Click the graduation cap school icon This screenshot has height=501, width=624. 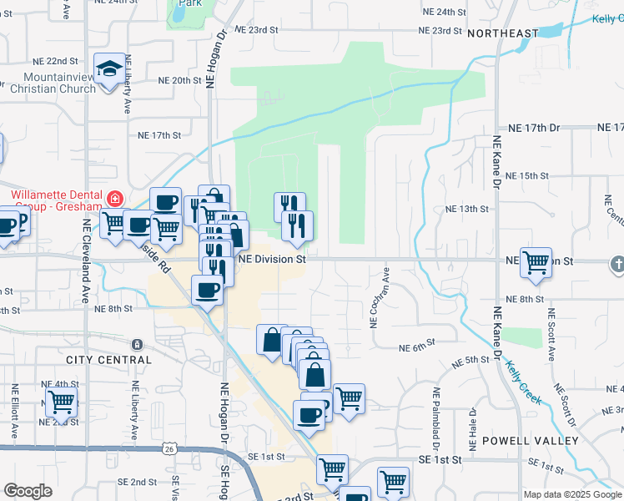tap(108, 68)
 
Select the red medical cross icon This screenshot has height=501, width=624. tap(113, 200)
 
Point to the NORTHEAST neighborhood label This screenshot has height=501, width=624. tap(503, 33)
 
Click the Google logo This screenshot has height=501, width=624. tap(28, 491)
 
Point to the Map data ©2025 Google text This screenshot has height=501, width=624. tap(572, 494)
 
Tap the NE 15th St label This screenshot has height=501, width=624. tap(527, 176)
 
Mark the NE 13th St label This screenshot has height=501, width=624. tap(465, 209)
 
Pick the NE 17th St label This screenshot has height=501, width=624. tap(159, 134)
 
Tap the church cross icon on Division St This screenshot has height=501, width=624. tap(617, 265)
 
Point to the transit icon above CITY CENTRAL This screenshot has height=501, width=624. tap(137, 344)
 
